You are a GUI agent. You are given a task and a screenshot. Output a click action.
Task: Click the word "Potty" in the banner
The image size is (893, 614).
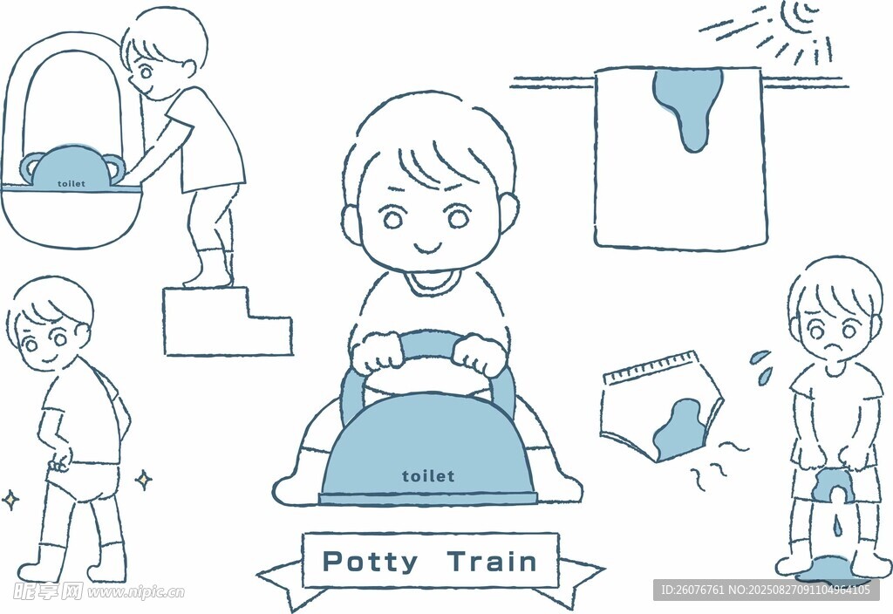(370, 562)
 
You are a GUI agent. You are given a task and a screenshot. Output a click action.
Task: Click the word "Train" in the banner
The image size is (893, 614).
(492, 561)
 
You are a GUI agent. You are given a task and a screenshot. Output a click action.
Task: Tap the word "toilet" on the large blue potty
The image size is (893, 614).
(428, 476)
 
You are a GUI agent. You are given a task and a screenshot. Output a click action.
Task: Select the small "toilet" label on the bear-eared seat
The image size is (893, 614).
(72, 184)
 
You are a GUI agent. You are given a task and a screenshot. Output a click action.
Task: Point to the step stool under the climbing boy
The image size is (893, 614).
(228, 321)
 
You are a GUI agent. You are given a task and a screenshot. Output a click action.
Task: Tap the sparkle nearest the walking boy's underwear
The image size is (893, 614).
(144, 480)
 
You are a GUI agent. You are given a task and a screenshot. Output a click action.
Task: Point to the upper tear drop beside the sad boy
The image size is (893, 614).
(760, 357)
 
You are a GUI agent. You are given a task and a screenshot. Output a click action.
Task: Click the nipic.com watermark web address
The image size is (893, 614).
(135, 592)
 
